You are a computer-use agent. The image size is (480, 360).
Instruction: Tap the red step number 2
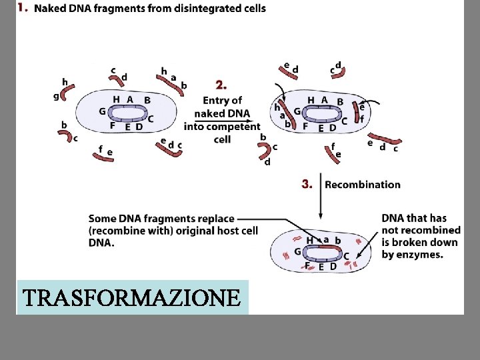[x=221, y=85]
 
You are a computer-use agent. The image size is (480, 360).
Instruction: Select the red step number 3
[x=307, y=184]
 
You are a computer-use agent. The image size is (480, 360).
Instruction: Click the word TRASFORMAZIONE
[x=131, y=297]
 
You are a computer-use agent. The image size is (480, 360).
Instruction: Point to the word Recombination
[x=363, y=185]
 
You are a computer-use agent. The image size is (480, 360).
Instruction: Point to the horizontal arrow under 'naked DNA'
[x=220, y=121]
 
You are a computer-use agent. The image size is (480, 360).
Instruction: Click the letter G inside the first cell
[x=102, y=111]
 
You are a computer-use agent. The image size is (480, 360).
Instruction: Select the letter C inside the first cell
[x=151, y=119]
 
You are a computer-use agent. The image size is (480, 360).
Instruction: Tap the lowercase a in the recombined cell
[x=326, y=239]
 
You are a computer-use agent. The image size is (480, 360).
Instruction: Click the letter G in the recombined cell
[x=297, y=252]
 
